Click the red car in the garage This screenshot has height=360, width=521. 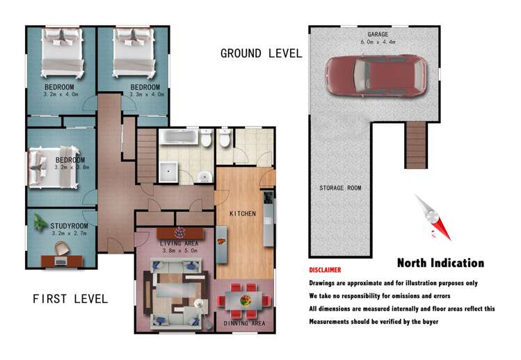(x=376, y=76)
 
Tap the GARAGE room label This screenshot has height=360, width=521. (x=378, y=34)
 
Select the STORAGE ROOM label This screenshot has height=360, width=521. (x=340, y=188)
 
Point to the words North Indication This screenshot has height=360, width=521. (x=440, y=263)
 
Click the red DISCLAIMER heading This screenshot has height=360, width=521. (x=325, y=270)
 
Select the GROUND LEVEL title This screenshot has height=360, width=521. (x=261, y=54)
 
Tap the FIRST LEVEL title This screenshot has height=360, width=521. (x=70, y=299)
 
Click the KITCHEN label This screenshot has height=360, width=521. (x=243, y=214)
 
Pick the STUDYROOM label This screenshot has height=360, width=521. (x=69, y=226)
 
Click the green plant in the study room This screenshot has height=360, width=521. (x=40, y=222)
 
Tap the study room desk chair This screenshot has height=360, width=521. (x=62, y=248)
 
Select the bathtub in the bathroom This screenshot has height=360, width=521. (x=179, y=137)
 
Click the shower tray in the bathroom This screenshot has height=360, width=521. (x=168, y=172)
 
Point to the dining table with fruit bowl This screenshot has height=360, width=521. (x=245, y=300)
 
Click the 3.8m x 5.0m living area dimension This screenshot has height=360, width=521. (x=179, y=251)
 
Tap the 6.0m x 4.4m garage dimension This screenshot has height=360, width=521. (x=378, y=42)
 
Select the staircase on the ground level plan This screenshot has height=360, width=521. (x=416, y=145)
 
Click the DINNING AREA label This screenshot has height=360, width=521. (x=244, y=323)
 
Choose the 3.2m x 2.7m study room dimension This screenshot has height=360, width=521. (x=69, y=234)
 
